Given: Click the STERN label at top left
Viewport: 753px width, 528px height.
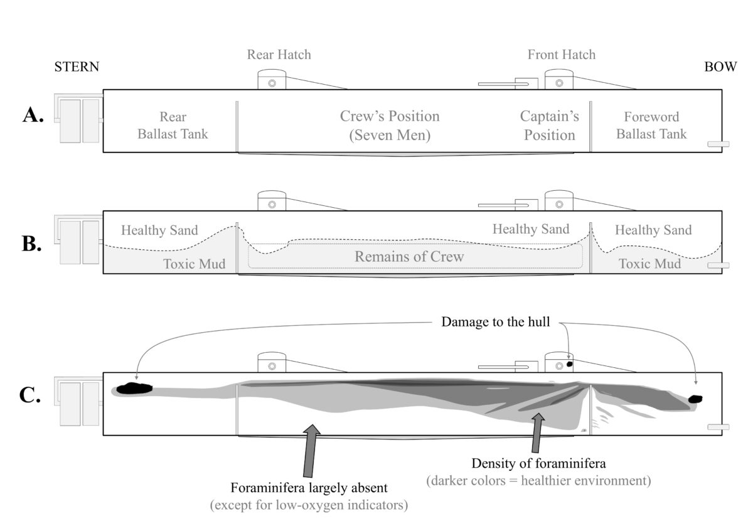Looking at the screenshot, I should [77, 67].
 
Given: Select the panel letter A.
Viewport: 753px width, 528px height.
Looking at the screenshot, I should [33, 116].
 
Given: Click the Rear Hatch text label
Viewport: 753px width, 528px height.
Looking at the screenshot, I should [279, 55].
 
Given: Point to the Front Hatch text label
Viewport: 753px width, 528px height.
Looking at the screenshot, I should [561, 55].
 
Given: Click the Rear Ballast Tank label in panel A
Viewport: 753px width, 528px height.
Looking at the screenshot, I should [173, 125].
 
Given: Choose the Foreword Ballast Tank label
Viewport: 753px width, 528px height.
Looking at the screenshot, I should [651, 125].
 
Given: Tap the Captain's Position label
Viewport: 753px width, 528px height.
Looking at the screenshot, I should [549, 125].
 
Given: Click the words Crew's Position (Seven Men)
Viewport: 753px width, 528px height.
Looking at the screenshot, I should [390, 125].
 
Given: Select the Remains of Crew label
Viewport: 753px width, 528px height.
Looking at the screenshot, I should [409, 256].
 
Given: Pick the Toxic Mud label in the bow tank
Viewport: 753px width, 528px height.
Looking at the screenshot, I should [649, 264].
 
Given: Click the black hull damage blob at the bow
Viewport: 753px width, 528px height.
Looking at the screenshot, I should [695, 399].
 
